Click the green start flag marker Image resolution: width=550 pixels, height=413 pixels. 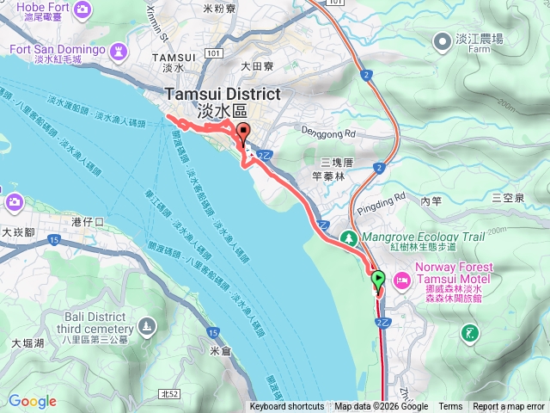point(378,279)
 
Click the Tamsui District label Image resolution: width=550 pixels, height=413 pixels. point(223,96)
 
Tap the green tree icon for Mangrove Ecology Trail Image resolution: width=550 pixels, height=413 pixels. point(350,237)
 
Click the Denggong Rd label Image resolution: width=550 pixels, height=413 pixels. point(329,131)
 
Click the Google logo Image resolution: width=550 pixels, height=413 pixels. point(32,401)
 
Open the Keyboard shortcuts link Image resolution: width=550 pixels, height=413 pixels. point(287,407)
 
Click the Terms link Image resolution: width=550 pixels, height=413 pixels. point(450,407)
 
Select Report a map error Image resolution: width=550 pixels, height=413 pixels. point(509,407)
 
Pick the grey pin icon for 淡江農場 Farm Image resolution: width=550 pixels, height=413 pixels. point(442,40)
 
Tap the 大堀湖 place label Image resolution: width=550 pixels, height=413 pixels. point(27,343)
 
